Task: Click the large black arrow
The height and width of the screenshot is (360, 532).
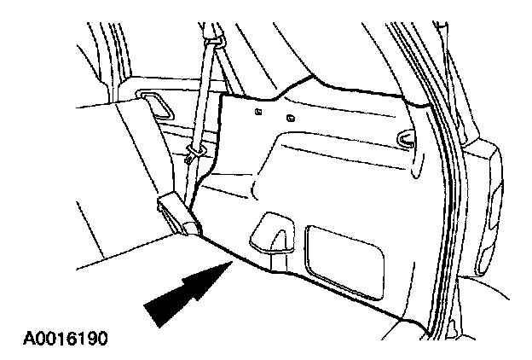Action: [x=186, y=294]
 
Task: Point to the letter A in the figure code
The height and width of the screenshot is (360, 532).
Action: [x=18, y=339]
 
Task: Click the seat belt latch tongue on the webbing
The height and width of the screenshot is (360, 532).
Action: [x=194, y=154]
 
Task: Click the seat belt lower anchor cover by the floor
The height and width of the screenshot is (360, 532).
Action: [x=178, y=214]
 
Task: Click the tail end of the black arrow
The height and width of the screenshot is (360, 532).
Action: [x=153, y=315]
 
